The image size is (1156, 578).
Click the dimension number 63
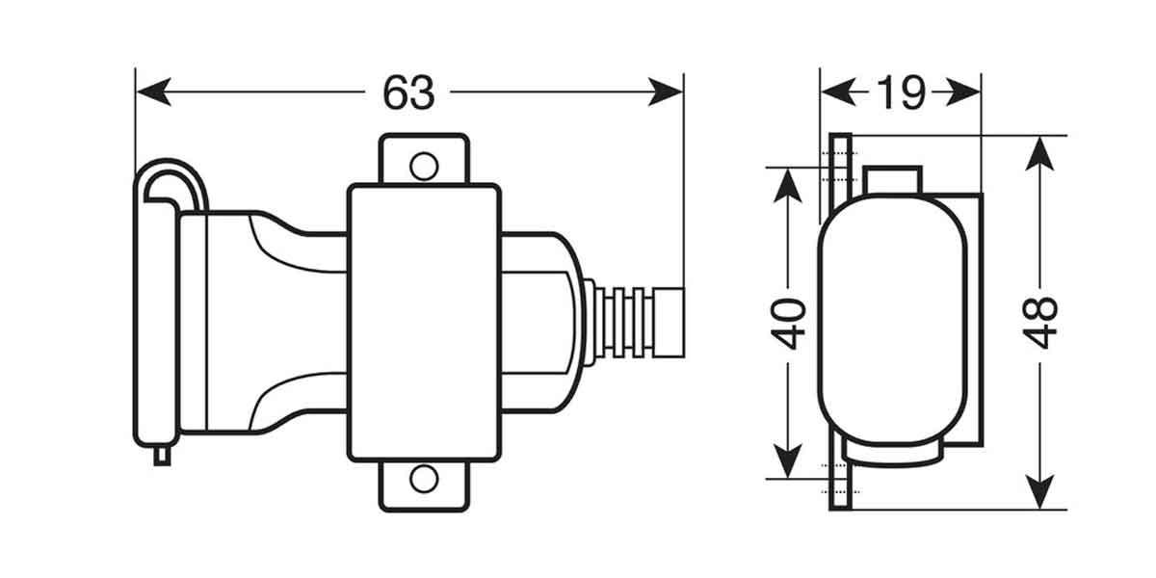[x=408, y=92]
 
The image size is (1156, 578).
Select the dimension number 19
[x=901, y=92]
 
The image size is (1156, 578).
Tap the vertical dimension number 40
[x=789, y=324]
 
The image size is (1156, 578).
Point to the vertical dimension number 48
[x=1040, y=323]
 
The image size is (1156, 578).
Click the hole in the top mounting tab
[x=424, y=166]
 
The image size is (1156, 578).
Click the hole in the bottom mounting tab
[x=424, y=479]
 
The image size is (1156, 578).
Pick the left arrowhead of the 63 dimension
[x=154, y=92]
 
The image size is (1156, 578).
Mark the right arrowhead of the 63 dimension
[x=666, y=92]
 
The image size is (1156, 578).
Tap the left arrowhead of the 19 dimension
[x=838, y=92]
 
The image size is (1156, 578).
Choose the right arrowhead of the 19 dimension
[x=963, y=92]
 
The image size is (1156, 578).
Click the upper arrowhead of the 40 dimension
[x=788, y=185]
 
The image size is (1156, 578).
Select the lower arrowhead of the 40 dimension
[x=788, y=460]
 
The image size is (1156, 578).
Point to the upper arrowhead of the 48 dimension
[x=1039, y=154]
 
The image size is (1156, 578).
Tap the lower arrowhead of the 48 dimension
[x=1039, y=492]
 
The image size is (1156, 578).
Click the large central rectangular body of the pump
[x=424, y=323]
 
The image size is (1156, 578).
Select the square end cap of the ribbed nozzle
[x=669, y=323]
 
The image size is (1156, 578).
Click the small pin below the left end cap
[x=162, y=457]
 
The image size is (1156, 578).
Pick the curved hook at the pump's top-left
[x=171, y=183]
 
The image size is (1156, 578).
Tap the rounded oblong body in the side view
[x=892, y=320]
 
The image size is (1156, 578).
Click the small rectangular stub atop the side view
[x=893, y=180]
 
